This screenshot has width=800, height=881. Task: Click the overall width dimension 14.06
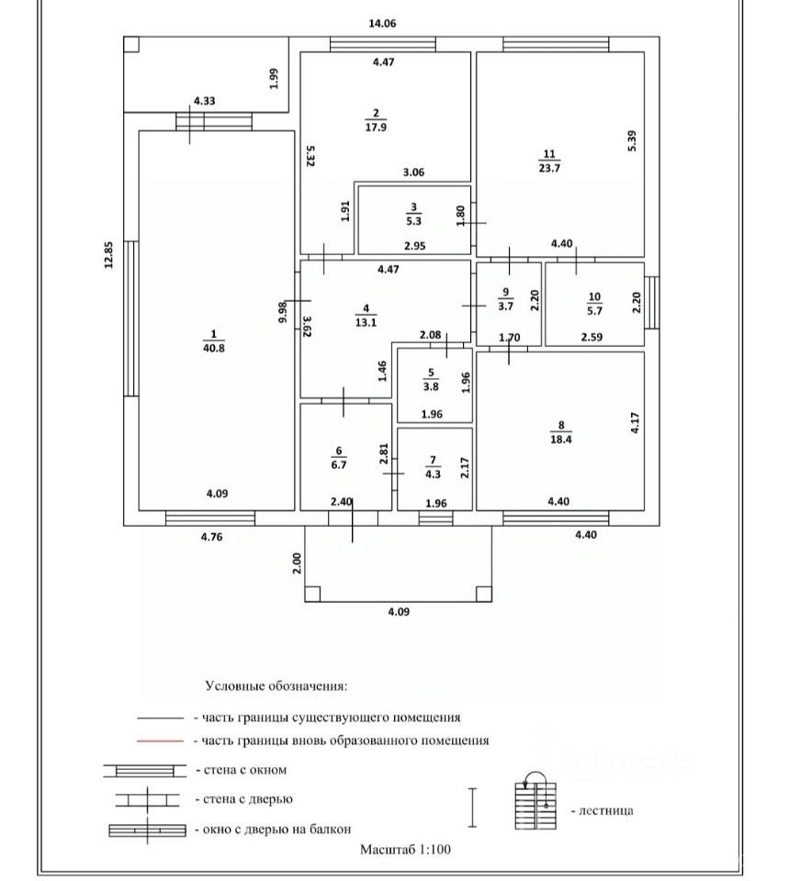click(x=382, y=24)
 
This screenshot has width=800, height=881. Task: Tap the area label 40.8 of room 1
click(x=214, y=349)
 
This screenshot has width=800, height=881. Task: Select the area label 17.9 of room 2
click(x=376, y=128)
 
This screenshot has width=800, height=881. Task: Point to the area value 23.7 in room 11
click(x=549, y=168)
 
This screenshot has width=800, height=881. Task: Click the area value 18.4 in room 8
click(x=561, y=440)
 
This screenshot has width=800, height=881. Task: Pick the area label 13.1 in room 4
click(x=366, y=322)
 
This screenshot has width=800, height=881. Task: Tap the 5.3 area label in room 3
click(x=413, y=221)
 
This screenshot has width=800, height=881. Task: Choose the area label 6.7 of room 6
click(x=338, y=465)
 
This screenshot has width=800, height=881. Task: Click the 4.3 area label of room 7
click(x=433, y=474)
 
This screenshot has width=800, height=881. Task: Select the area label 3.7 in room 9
click(x=505, y=307)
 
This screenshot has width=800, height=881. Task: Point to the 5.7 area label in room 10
click(x=594, y=310)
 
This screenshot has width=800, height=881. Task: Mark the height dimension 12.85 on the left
click(x=108, y=254)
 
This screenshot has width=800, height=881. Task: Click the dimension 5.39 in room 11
click(x=633, y=140)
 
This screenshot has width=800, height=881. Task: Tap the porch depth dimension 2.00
click(x=298, y=563)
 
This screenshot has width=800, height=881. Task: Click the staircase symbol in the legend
click(x=535, y=801)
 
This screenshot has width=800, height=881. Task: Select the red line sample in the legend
click(x=160, y=742)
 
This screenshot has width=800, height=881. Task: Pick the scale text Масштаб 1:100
click(x=405, y=850)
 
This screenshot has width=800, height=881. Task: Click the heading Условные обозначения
click(x=276, y=686)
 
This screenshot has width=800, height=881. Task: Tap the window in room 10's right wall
click(x=651, y=302)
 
